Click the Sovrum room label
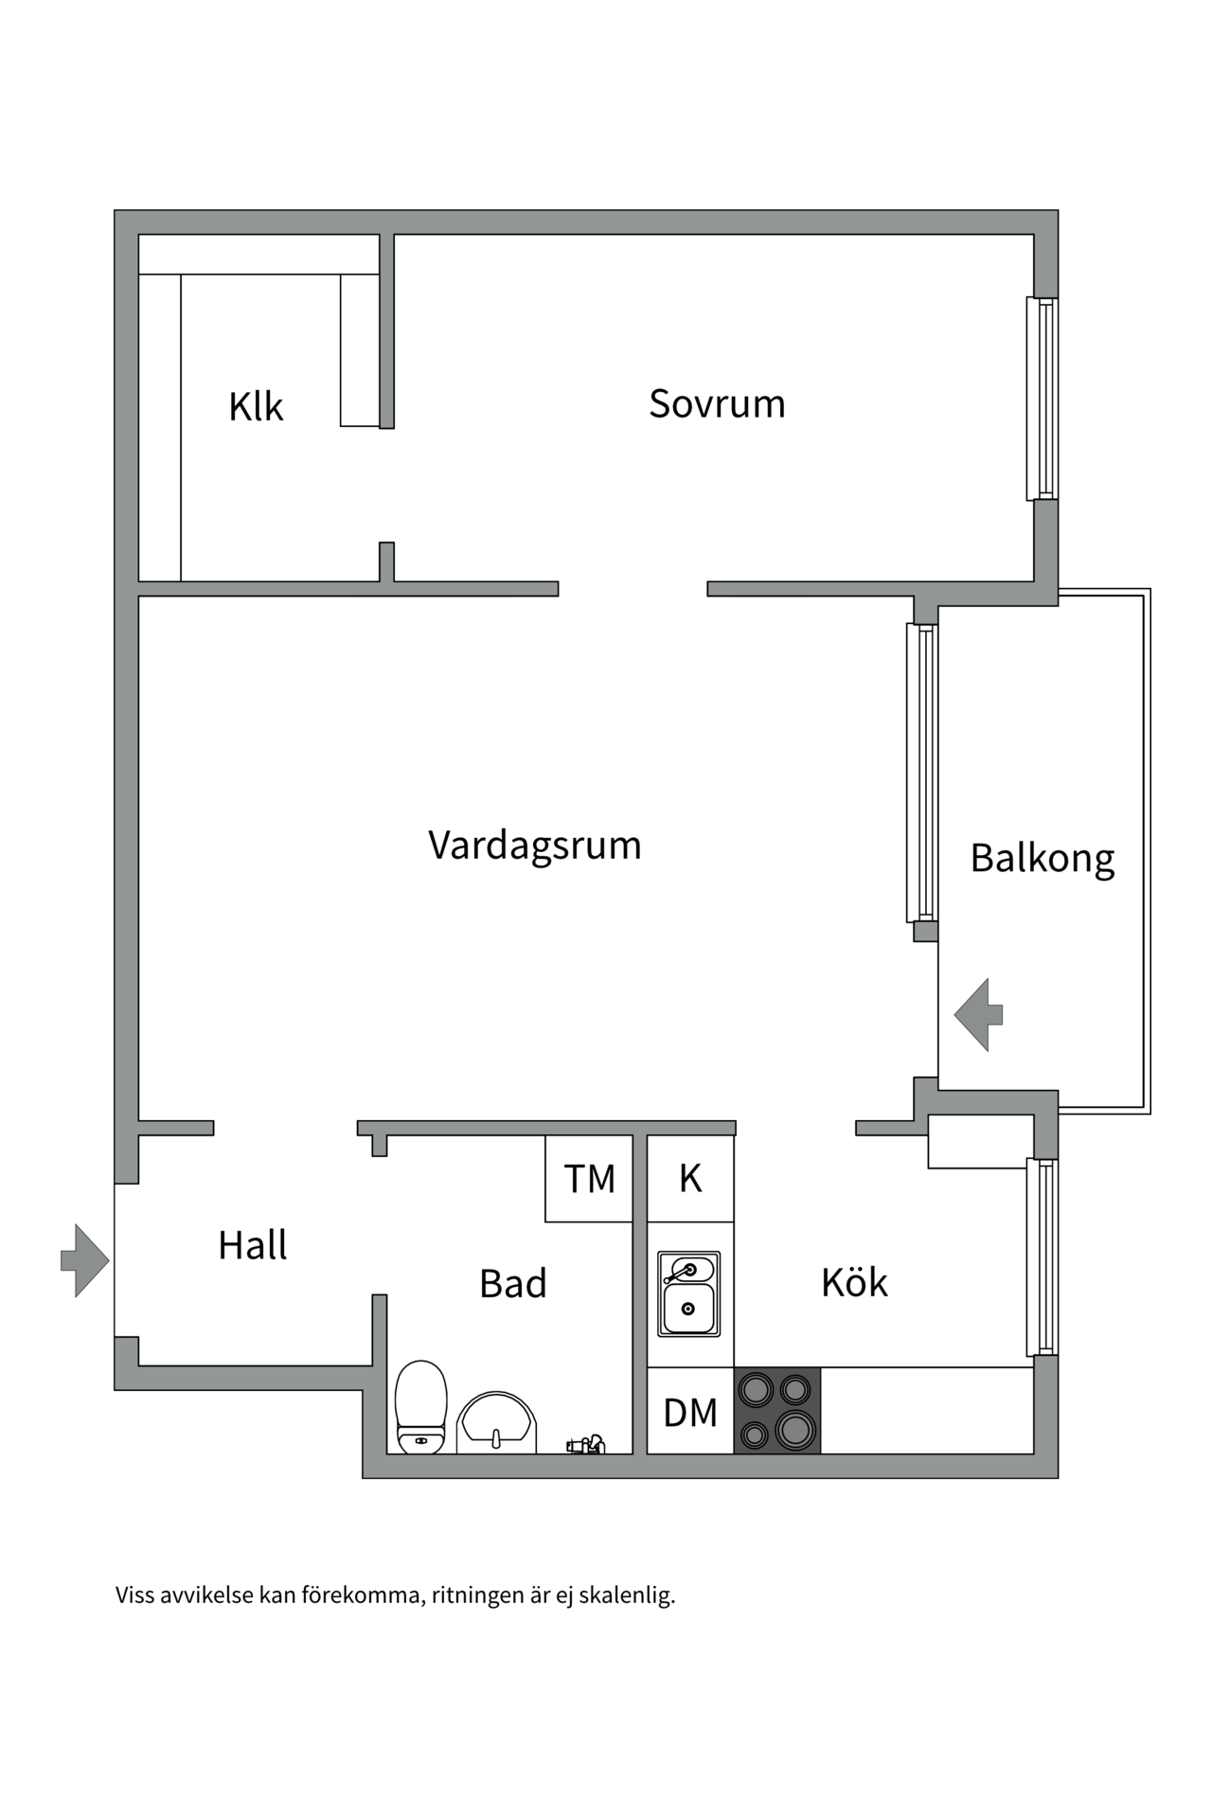click(717, 404)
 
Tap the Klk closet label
click(256, 407)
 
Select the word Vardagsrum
click(535, 845)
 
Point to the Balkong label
click(1043, 859)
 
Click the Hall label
click(252, 1245)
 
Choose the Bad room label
click(512, 1284)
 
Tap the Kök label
click(854, 1283)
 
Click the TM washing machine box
click(589, 1179)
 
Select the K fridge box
click(690, 1179)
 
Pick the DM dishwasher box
click(690, 1413)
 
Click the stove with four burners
click(776, 1411)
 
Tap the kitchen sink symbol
click(689, 1294)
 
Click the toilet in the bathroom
click(420, 1408)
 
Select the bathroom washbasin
click(496, 1423)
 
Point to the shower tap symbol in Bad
click(586, 1445)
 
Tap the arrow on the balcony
click(978, 1015)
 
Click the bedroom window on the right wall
click(1043, 399)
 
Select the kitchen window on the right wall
click(1043, 1257)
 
